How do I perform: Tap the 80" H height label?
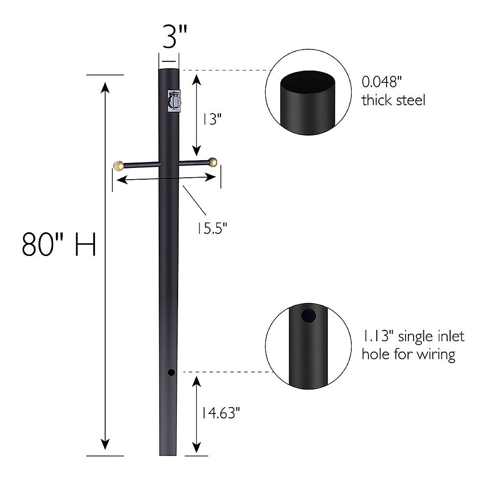click(x=59, y=244)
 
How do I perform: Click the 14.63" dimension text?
click(x=218, y=414)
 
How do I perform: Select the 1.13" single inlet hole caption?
click(x=413, y=345)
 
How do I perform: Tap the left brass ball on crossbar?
click(x=118, y=165)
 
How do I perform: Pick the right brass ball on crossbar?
click(x=212, y=162)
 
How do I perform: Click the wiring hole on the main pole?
click(x=171, y=372)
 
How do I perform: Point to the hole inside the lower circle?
click(x=308, y=315)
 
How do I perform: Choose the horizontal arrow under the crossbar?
click(x=166, y=178)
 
